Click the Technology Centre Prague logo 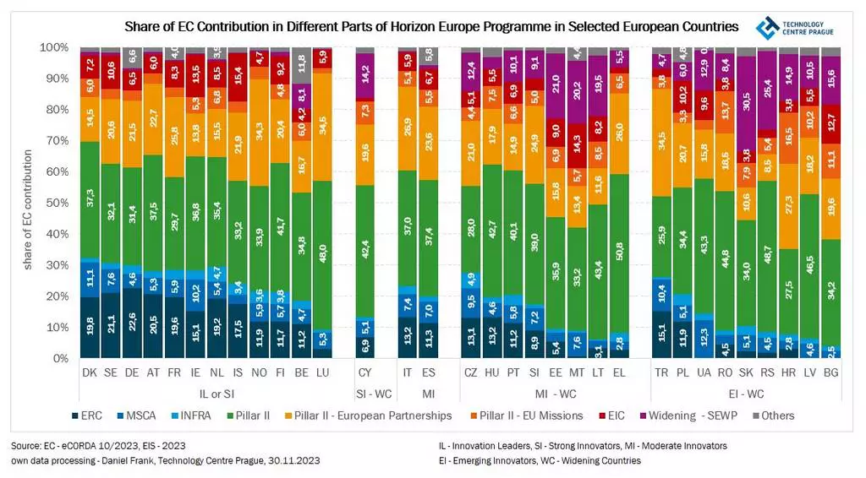pos(790,28)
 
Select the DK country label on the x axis pos(89,372)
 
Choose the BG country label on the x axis pos(830,372)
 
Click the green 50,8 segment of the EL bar pos(620,253)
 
